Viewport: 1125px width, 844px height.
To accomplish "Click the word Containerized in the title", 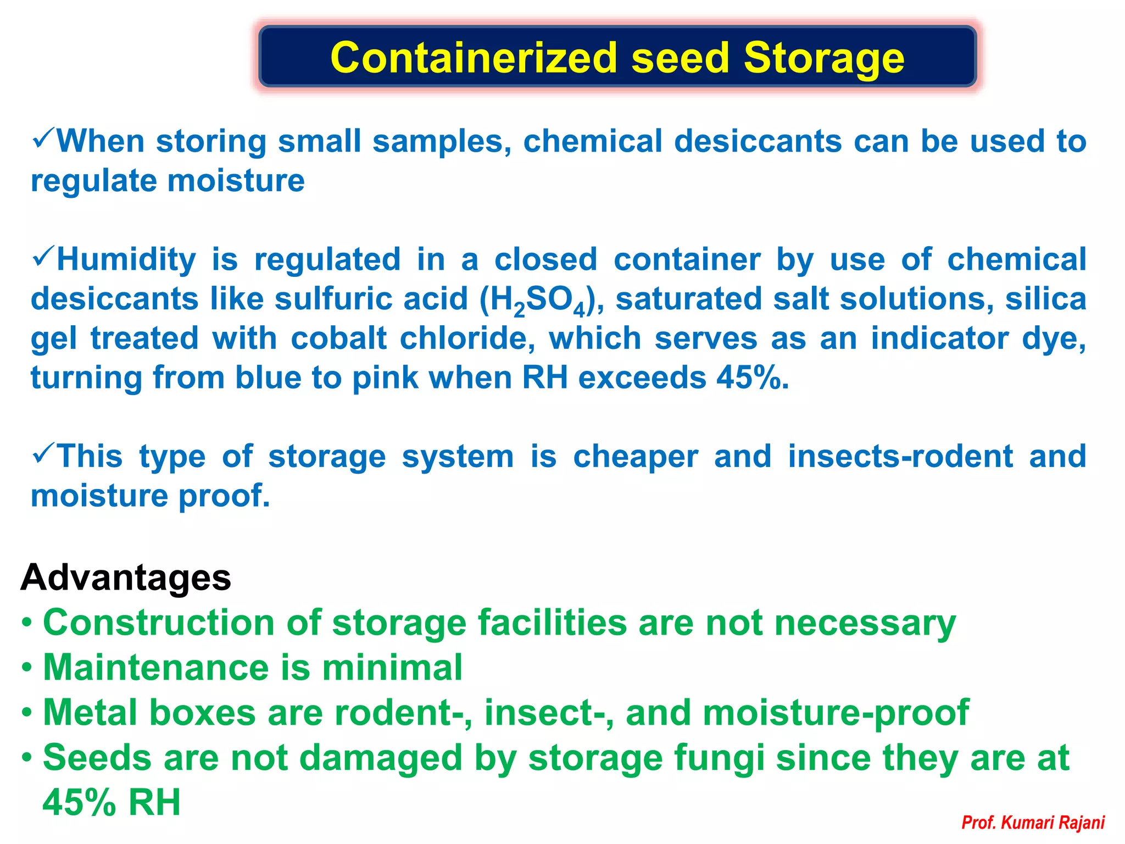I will click(x=474, y=58).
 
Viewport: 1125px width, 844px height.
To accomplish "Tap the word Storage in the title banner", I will click(x=823, y=58).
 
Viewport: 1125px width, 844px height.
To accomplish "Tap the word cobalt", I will click(x=338, y=338).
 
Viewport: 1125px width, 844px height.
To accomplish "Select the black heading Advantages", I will click(x=126, y=578).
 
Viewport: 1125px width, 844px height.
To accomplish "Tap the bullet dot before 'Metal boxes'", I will click(x=26, y=713).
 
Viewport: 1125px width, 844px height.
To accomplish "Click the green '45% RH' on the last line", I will click(x=112, y=803).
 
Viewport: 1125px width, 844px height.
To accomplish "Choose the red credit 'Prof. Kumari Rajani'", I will click(x=1033, y=823).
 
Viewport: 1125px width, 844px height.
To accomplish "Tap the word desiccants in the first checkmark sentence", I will click(x=758, y=142).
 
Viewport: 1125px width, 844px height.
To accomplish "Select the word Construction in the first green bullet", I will click(x=158, y=623).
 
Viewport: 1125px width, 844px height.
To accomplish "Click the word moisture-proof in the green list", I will click(x=835, y=713).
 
